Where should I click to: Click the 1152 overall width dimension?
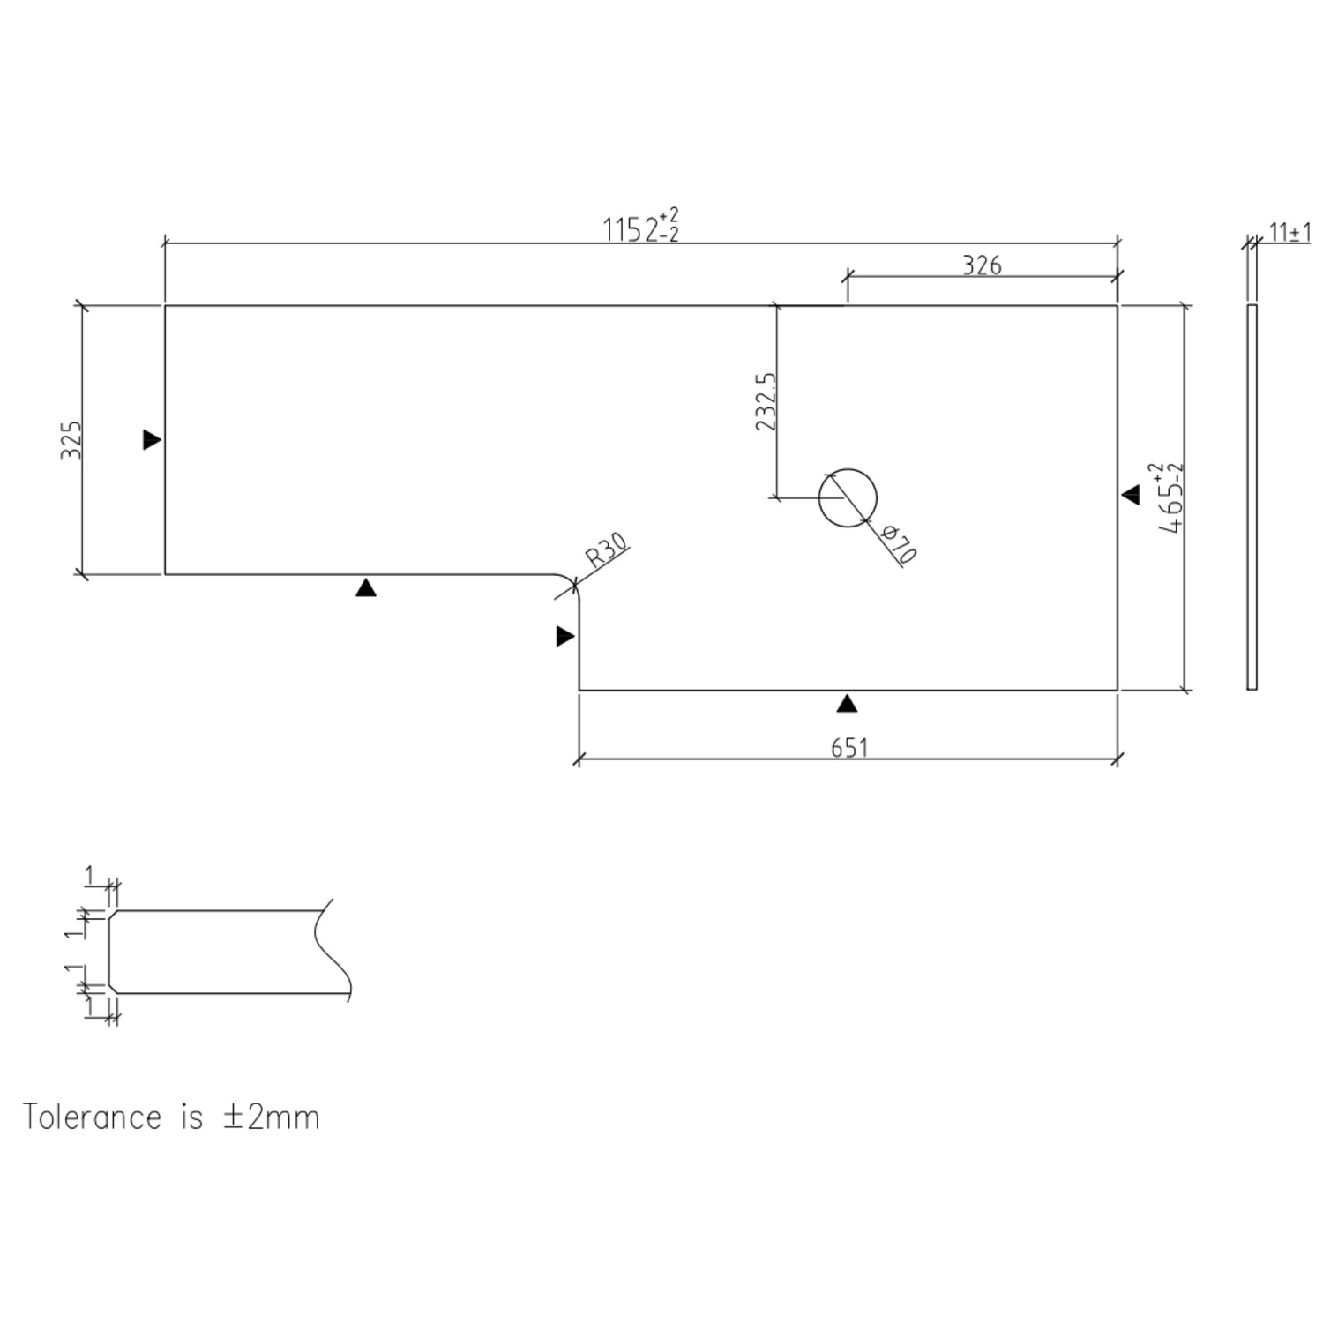[640, 228]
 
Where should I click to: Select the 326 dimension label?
[982, 265]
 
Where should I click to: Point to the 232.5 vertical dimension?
[766, 401]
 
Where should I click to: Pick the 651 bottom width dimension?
[849, 747]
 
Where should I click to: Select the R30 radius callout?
[607, 550]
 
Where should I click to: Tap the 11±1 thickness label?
[1289, 233]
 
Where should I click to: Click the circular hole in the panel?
[848, 498]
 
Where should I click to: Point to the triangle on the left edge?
[152, 439]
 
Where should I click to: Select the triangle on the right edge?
[1131, 496]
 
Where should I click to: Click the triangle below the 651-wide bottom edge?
[847, 703]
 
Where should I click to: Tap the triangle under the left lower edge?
[366, 587]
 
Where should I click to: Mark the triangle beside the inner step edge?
[565, 636]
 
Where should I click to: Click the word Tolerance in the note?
[92, 1117]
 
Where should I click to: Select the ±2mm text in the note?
[271, 1117]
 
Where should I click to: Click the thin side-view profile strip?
[1252, 497]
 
